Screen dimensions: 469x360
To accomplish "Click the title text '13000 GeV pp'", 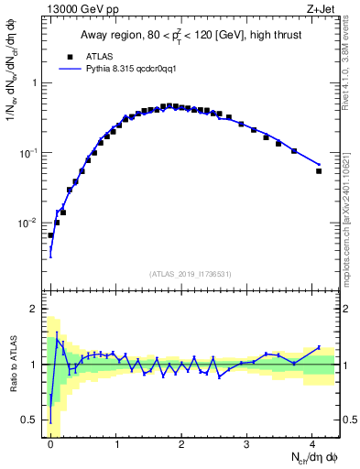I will (x=75, y=8).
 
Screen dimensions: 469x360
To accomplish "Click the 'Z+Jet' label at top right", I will (x=322, y=8).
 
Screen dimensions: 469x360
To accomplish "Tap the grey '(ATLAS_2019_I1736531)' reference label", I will (x=191, y=274).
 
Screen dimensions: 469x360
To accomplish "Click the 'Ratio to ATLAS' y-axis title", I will (x=13, y=365).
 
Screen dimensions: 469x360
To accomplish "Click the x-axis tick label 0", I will (x=50, y=444).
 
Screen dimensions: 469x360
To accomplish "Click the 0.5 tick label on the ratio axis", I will (x=33, y=420).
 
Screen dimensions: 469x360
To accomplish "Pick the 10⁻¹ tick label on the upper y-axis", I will (x=29, y=153).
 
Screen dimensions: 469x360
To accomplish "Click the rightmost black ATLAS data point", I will (x=319, y=171).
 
